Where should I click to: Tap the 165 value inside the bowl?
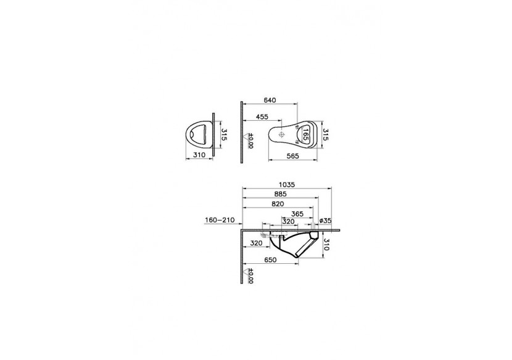[304, 134]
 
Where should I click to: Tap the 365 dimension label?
[297, 213]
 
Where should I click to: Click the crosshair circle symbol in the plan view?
[281, 134]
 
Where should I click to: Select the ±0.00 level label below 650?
[250, 276]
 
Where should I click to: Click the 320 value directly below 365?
[287, 221]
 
